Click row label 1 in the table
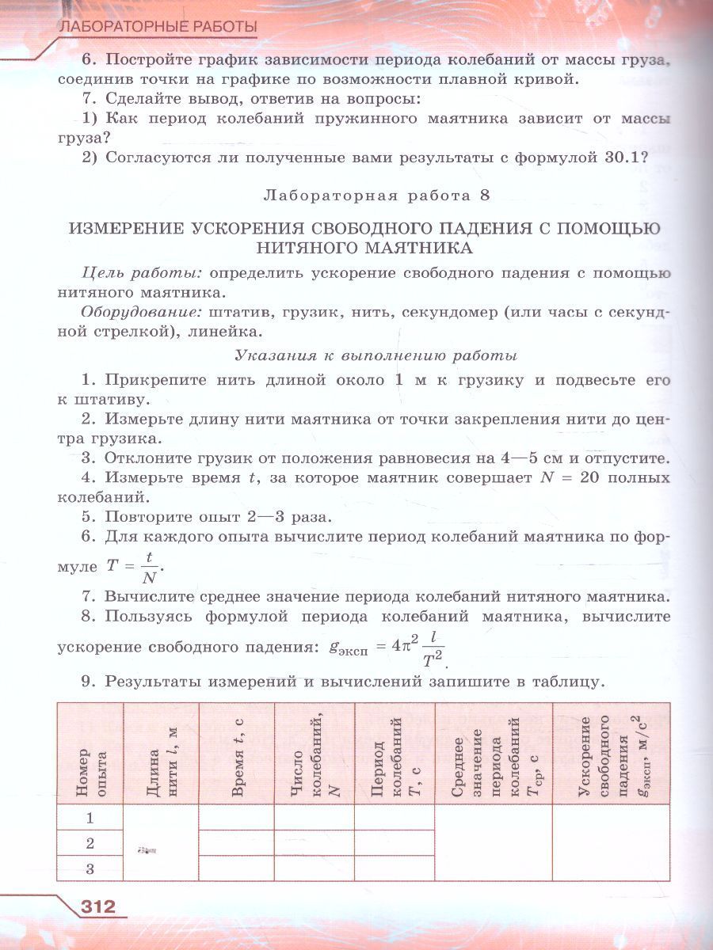tap(90, 818)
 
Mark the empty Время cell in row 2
tap(237, 843)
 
